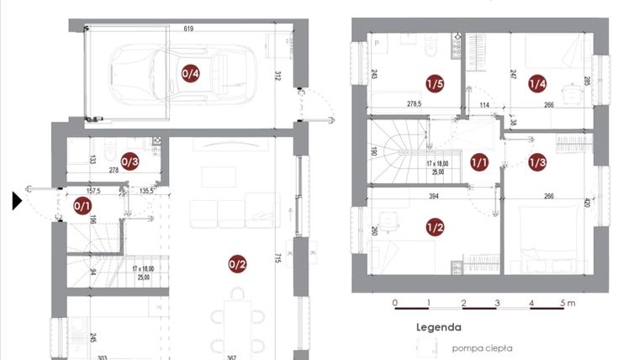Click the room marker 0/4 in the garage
coord(191,73)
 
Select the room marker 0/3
coord(129,161)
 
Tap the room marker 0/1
coord(82,205)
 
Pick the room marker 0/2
coord(237,264)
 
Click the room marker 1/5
coord(434,84)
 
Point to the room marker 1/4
coord(537,83)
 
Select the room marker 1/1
coord(479,161)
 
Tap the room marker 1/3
coord(537,161)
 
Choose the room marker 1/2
coord(434,226)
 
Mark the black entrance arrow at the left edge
coord(17,201)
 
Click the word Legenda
coord(439,327)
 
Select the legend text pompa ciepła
coord(482,347)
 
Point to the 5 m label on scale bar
coord(568,302)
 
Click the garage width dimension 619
coord(189,29)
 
